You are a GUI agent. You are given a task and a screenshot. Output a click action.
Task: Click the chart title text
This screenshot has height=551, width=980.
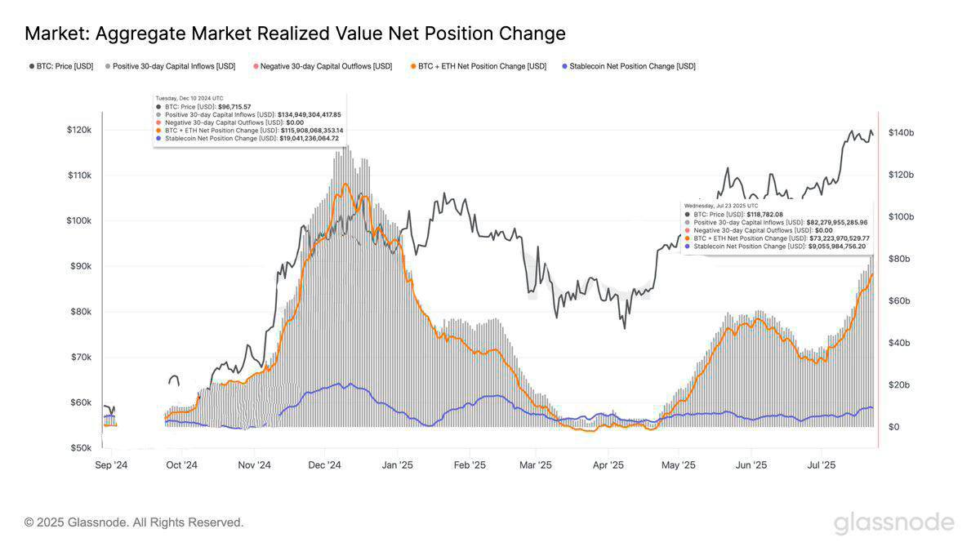click(295, 33)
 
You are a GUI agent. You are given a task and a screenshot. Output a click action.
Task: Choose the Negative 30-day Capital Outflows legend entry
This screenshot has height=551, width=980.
click(326, 66)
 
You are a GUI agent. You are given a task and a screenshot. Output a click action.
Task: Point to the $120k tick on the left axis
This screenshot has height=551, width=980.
click(78, 130)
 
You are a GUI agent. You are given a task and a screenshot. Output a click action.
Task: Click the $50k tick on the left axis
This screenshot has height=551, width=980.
click(80, 448)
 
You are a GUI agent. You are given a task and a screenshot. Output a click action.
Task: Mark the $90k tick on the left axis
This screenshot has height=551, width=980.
click(80, 266)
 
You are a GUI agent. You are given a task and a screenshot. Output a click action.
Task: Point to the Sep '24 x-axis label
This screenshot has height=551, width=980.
click(111, 465)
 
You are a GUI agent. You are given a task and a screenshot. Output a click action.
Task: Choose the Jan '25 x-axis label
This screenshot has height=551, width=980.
click(397, 465)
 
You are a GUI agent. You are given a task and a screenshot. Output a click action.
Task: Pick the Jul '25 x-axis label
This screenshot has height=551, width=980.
click(821, 465)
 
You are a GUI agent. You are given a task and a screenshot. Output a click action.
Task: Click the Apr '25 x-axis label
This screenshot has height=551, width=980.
click(608, 465)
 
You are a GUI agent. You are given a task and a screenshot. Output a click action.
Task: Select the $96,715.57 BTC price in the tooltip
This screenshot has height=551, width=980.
click(234, 106)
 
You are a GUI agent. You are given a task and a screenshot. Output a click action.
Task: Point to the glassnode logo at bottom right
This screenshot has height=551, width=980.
click(893, 523)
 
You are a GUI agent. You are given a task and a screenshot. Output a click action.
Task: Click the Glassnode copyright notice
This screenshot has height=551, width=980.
click(134, 522)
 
